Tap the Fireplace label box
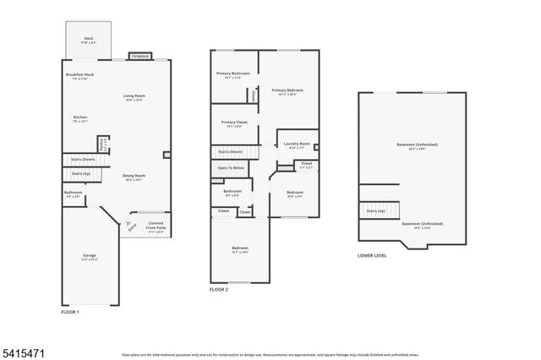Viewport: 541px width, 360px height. pos(140,57)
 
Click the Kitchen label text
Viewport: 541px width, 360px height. pos(80,117)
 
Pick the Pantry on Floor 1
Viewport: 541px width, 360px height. pos(103,144)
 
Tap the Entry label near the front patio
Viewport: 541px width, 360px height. pos(131,226)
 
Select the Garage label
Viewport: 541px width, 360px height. pos(89,256)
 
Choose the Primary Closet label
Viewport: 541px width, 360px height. pos(232,125)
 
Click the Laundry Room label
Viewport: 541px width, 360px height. pos(297,145)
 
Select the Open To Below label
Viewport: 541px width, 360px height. pos(231,168)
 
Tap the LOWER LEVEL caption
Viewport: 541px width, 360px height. pos(372,254)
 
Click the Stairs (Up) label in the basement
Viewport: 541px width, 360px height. pos(376,211)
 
